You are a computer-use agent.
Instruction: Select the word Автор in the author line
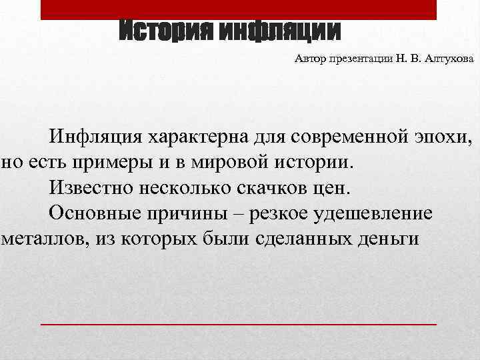[309, 60]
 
